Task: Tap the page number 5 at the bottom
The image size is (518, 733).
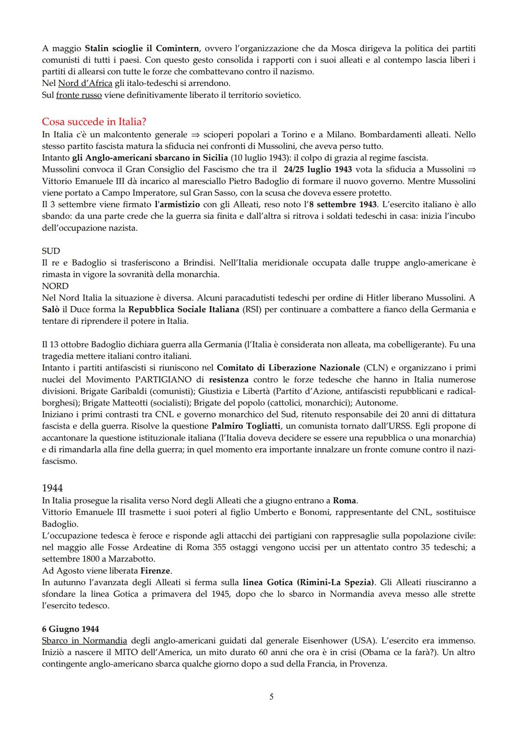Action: click(x=271, y=697)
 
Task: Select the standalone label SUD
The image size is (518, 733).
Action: click(x=51, y=251)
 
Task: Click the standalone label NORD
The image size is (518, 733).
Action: click(x=55, y=286)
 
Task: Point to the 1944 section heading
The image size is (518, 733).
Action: click(x=52, y=488)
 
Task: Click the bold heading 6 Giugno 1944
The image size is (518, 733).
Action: click(x=71, y=629)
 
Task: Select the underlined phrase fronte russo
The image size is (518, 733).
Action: click(x=79, y=95)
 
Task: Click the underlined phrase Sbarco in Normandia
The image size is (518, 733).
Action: click(x=84, y=641)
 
